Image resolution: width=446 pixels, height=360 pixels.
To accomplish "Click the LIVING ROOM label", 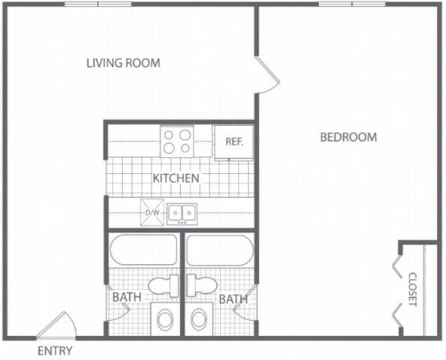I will tap(123, 63).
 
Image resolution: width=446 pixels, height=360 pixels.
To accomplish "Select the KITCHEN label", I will tap(176, 178).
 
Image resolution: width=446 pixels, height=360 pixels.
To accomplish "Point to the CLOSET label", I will tap(412, 289).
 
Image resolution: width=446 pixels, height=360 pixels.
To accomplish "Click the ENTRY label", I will tap(54, 351).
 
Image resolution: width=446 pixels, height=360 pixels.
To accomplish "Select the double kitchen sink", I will tap(182, 214).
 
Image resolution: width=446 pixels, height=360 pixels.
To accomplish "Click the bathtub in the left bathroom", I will tap(144, 250).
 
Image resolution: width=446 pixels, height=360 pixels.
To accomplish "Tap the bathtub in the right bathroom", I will tap(220, 250).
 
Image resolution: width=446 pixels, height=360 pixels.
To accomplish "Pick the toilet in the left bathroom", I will tap(161, 285).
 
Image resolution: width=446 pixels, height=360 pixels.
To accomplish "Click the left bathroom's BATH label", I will tap(127, 298).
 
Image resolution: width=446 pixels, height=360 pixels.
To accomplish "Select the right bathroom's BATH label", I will tap(234, 299).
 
